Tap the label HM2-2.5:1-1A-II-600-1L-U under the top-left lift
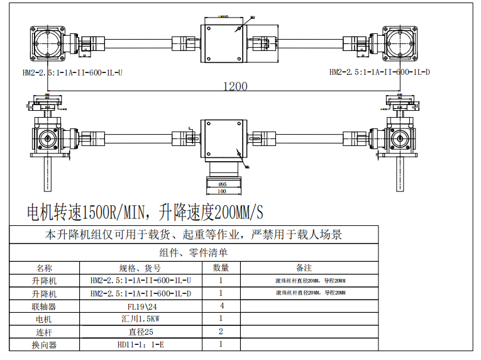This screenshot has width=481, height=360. point(72,72)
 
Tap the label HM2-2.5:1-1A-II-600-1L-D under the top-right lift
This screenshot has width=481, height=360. point(380,72)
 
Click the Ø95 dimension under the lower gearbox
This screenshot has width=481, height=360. point(221,184)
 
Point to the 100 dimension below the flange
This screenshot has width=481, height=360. point(221,191)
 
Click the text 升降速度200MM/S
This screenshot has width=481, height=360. point(211,212)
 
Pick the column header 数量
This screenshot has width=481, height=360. point(221,267)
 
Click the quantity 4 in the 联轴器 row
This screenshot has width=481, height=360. point(221,306)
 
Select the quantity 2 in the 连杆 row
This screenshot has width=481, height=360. point(221,331)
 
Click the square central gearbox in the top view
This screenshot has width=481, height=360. point(222,43)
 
